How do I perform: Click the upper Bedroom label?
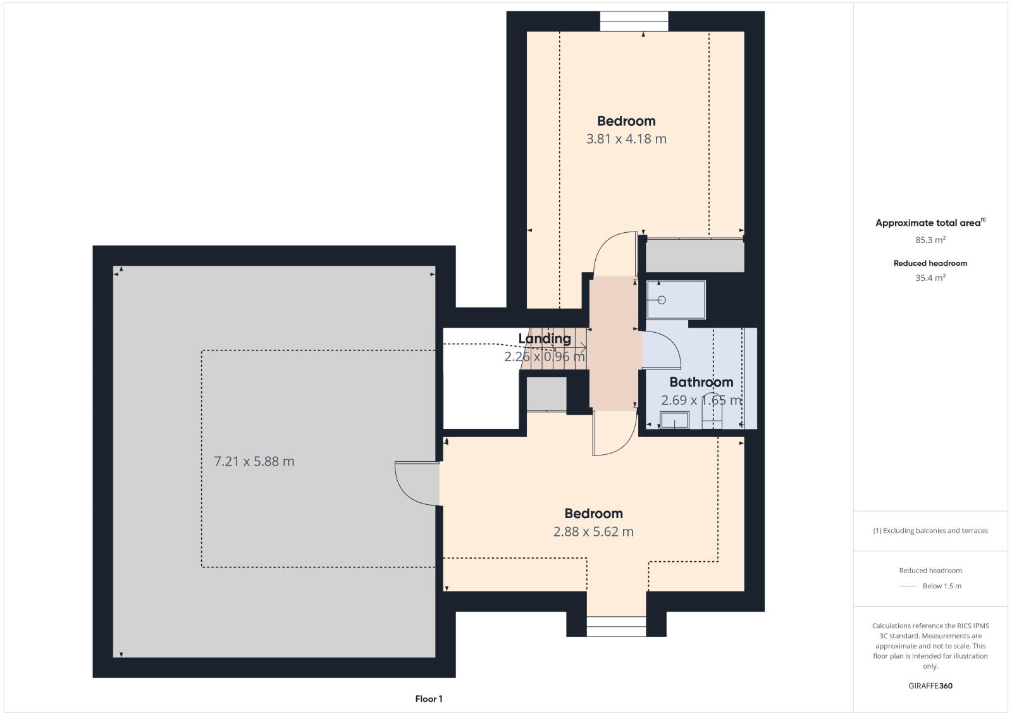click(x=626, y=121)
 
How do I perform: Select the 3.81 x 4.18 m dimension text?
click(x=626, y=139)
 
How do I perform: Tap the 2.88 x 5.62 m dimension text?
click(x=593, y=532)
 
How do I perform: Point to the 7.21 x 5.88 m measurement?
click(x=254, y=462)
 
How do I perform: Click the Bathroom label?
click(x=701, y=382)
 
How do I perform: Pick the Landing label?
click(x=545, y=338)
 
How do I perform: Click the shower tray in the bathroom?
click(x=676, y=300)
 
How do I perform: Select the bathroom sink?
click(x=674, y=420)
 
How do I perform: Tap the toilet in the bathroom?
click(x=712, y=411)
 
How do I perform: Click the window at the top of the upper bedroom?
click(x=634, y=22)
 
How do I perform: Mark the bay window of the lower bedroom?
click(x=616, y=626)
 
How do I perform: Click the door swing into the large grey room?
click(x=414, y=484)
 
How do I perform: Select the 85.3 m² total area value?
click(x=930, y=240)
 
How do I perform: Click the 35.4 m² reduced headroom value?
click(x=930, y=278)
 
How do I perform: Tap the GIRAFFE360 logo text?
click(x=930, y=686)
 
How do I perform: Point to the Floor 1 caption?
click(x=429, y=699)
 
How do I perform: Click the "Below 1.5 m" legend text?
click(x=942, y=586)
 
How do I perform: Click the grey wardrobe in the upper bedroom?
click(x=694, y=256)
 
